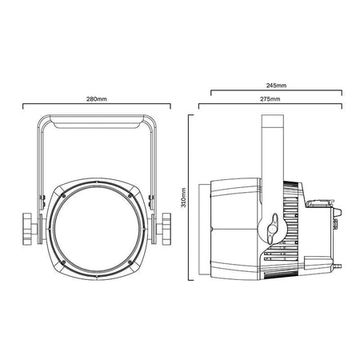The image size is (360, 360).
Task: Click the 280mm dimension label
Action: (97, 99)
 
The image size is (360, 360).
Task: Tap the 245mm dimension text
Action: (276, 86)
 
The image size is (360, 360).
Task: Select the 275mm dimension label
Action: (270, 99)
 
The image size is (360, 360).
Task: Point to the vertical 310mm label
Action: (183, 198)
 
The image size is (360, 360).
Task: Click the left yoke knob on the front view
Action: (27, 229)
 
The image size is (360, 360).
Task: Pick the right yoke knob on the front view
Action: (166, 229)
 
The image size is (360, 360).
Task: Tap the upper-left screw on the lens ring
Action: (63, 196)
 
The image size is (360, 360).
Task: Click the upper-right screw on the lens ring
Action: (130, 196)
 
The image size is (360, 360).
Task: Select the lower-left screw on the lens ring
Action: (63, 262)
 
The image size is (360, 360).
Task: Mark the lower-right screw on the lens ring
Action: (130, 262)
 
